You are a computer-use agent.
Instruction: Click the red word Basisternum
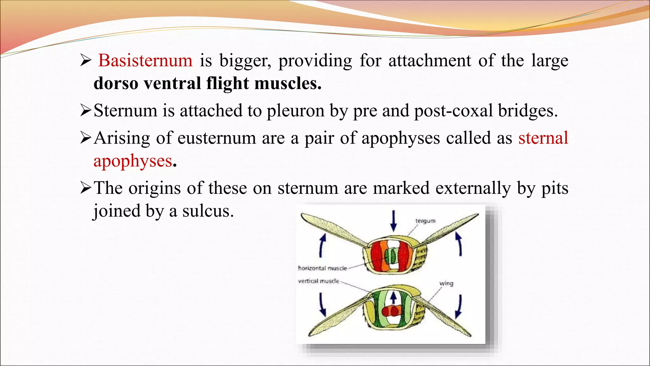(x=145, y=60)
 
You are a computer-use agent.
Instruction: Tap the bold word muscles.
(x=288, y=83)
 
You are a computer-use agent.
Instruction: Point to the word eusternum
(x=216, y=138)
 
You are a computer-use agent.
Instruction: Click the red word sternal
(x=543, y=138)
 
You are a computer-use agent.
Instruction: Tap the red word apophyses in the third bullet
(x=133, y=161)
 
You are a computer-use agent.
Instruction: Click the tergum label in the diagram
(x=425, y=221)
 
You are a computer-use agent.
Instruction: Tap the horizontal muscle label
(x=322, y=268)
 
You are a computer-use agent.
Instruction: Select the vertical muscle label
(x=319, y=281)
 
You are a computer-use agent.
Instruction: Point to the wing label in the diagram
(x=446, y=283)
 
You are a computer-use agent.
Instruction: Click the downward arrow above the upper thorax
(x=394, y=220)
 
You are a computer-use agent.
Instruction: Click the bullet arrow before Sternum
(x=86, y=111)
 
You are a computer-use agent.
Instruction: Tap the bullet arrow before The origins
(x=86, y=188)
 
